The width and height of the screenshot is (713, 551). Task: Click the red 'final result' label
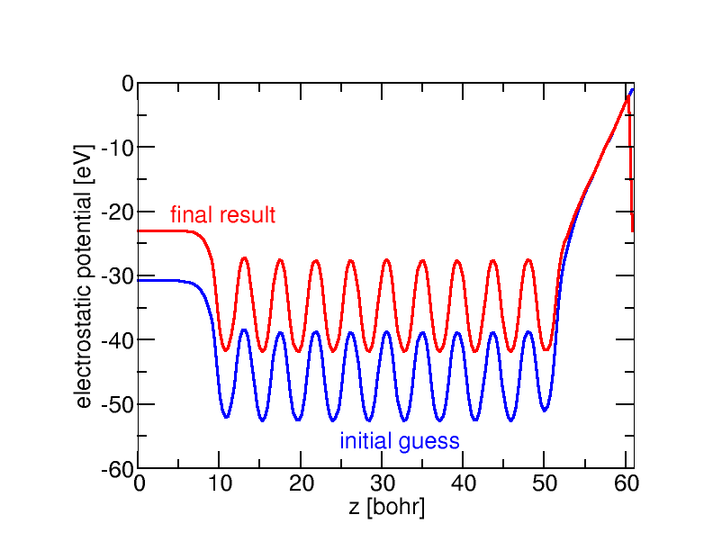222,215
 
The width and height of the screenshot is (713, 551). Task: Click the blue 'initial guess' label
400,441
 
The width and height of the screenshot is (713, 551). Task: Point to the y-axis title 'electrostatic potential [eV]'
83,275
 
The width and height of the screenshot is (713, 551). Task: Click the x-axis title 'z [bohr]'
386,507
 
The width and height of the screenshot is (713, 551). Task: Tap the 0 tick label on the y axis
127,84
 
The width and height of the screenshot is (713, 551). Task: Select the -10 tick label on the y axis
117,148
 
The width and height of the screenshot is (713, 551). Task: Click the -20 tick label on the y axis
117,212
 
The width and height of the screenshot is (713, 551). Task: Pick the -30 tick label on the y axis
117,275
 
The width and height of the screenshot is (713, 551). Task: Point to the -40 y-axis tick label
117,340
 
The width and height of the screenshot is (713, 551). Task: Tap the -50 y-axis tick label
117,404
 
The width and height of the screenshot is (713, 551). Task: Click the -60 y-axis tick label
117,469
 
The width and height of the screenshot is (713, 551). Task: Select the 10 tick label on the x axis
220,483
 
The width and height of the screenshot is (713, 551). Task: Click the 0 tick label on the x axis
139,483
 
